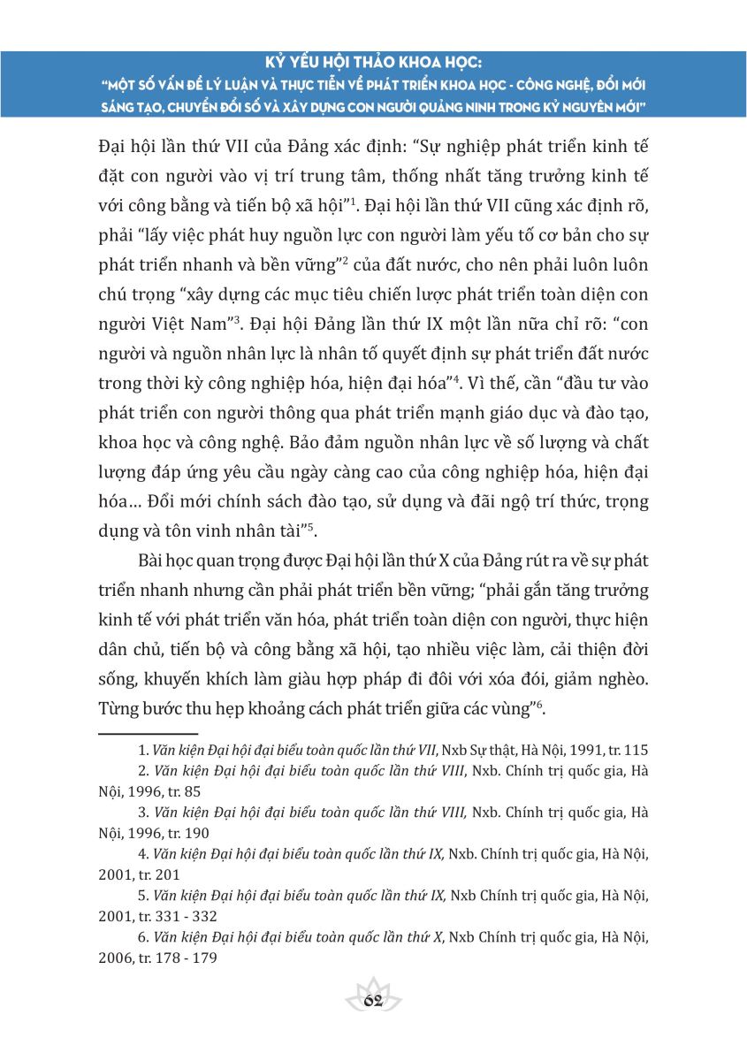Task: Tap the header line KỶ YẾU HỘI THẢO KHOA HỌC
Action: (x=372, y=64)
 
